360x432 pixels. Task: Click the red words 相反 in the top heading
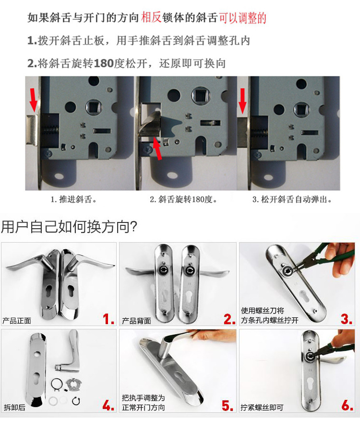151,17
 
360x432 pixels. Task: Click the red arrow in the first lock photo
33,99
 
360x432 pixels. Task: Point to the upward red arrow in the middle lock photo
157,149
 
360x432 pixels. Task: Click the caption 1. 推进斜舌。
73,199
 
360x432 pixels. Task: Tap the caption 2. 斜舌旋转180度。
183,199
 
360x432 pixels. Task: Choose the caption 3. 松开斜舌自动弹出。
292,199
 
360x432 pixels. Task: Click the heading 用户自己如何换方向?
69,227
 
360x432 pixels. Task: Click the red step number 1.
108,319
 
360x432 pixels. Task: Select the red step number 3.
347,319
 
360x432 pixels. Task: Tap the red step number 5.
228,406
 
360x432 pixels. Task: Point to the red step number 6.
348,406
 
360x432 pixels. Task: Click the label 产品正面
16,321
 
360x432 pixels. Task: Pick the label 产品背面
136,321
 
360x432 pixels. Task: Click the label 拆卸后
14,407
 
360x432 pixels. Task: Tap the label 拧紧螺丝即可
262,407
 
